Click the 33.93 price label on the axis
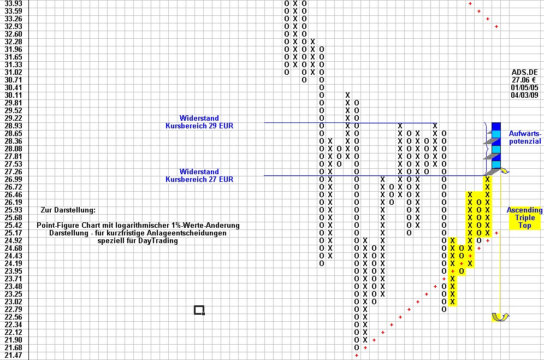pyautogui.click(x=13, y=3)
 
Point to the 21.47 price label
pyautogui.click(x=13, y=355)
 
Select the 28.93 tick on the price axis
pyautogui.click(x=13, y=126)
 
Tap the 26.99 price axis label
pyautogui.click(x=13, y=179)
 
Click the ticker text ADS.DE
pyautogui.click(x=524, y=72)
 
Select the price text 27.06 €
pyautogui.click(x=524, y=80)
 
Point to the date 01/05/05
pyautogui.click(x=524, y=87)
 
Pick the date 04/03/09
pyautogui.click(x=524, y=95)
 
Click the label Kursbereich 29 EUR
pyautogui.click(x=199, y=126)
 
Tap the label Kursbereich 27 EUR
pyautogui.click(x=199, y=179)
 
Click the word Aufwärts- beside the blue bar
pyautogui.click(x=525, y=134)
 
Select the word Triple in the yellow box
pyautogui.click(x=525, y=217)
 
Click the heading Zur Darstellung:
pyautogui.click(x=68, y=210)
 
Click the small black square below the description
pyautogui.click(x=199, y=310)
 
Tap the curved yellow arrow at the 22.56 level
pyautogui.click(x=500, y=317)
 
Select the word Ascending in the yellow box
pyautogui.click(x=524, y=210)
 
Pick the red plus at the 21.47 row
pyautogui.click(x=357, y=355)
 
